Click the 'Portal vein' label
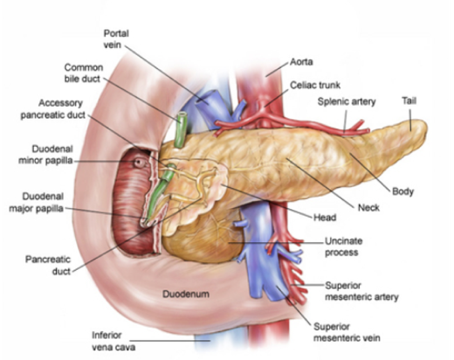coord(116,39)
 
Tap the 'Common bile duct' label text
coord(84,73)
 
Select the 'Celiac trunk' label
coord(315,85)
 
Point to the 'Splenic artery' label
coord(347,101)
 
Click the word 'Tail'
coord(409,100)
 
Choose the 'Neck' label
coord(368,208)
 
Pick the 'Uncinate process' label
coord(343,246)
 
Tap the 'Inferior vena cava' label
coord(113,341)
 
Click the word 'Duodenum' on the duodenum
coord(186,294)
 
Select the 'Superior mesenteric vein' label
coord(347,332)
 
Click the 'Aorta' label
coord(301,62)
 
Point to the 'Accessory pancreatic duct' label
coord(53,108)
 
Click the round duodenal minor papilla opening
coord(139,163)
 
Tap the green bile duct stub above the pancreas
coord(181,129)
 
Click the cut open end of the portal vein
coord(205,97)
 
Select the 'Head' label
coord(325,218)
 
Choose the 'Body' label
coord(402,191)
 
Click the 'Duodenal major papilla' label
coord(37,203)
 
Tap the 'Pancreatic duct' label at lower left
coord(48,266)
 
